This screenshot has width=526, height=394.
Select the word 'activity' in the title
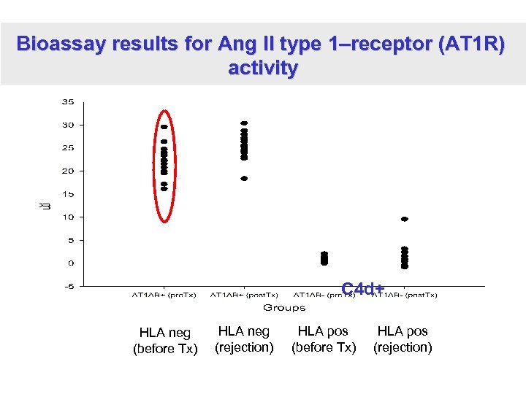pyautogui.click(x=263, y=69)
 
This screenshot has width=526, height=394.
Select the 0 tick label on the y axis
pyautogui.click(x=70, y=263)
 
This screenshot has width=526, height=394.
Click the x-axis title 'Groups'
pyautogui.click(x=284, y=308)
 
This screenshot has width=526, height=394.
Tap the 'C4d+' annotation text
pyautogui.click(x=363, y=289)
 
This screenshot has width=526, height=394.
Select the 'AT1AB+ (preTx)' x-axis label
pyautogui.click(x=164, y=295)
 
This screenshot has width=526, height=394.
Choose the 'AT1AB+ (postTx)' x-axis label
pyautogui.click(x=244, y=295)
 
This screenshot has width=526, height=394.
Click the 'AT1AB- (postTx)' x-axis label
pyautogui.click(x=405, y=295)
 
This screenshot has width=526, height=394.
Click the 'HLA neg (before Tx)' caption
pyautogui.click(x=165, y=341)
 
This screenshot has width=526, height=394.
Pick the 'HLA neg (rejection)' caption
pyautogui.click(x=244, y=339)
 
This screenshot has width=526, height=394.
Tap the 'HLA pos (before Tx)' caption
pyautogui.click(x=324, y=339)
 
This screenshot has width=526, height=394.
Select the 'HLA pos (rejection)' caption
pyautogui.click(x=403, y=339)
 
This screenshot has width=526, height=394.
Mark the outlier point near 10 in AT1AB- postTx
pyautogui.click(x=405, y=219)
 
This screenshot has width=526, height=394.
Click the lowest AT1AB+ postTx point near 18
pyautogui.click(x=244, y=178)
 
